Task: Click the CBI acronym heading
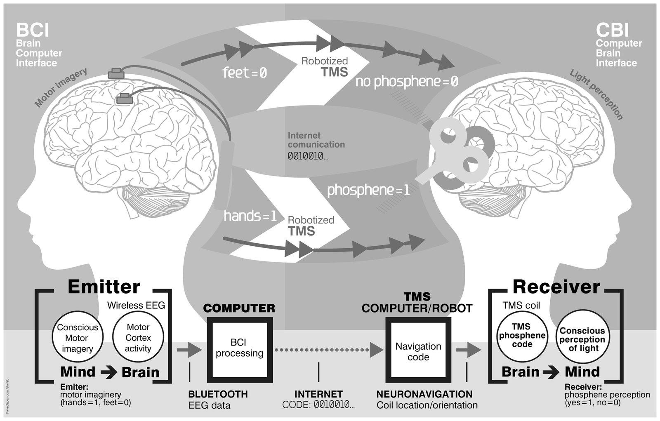coord(612,30)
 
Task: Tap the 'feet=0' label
coord(245,73)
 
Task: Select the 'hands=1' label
coord(250,216)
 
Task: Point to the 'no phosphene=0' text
coord(407,81)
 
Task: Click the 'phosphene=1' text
coord(368,190)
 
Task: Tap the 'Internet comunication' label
coord(316,140)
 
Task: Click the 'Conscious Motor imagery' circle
coord(77,338)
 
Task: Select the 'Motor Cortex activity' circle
coord(138,338)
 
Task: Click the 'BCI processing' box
coord(239,348)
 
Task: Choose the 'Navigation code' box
coord(418,351)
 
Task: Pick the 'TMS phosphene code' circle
coord(522,335)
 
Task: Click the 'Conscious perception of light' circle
coord(582,339)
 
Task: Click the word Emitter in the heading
coord(104,287)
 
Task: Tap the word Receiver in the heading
coord(556,287)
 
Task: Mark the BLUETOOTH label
coord(218,394)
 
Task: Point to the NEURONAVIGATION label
coord(424,394)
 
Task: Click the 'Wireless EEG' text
coord(136,306)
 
